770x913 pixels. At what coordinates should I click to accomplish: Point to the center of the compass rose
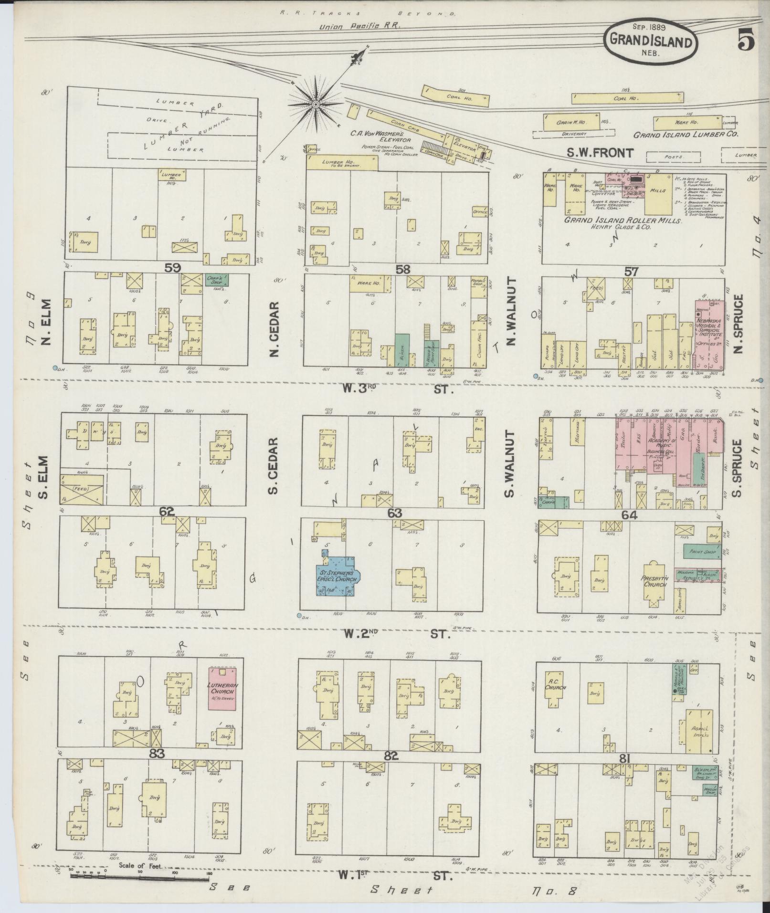tap(316, 104)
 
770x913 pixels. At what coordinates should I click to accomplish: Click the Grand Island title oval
tap(651, 42)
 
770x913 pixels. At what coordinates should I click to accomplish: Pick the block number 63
tap(395, 513)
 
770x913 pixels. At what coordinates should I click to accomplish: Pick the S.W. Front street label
tap(600, 153)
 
